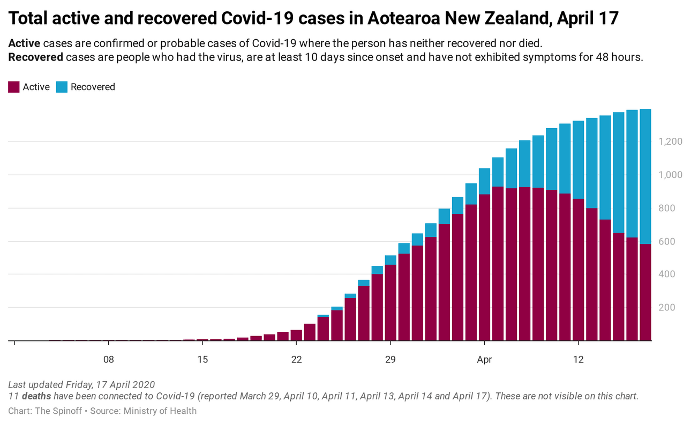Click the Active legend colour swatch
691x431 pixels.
[x=14, y=87]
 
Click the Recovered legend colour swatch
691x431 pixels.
[x=62, y=87]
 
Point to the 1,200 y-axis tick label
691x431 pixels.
[x=670, y=142]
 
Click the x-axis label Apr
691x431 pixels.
[x=484, y=359]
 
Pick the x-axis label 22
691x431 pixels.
[x=297, y=359]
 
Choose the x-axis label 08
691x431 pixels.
[x=109, y=359]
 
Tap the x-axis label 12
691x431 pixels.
[x=578, y=359]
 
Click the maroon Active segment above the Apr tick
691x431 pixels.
[x=484, y=268]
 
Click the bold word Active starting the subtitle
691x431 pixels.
[x=24, y=43]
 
